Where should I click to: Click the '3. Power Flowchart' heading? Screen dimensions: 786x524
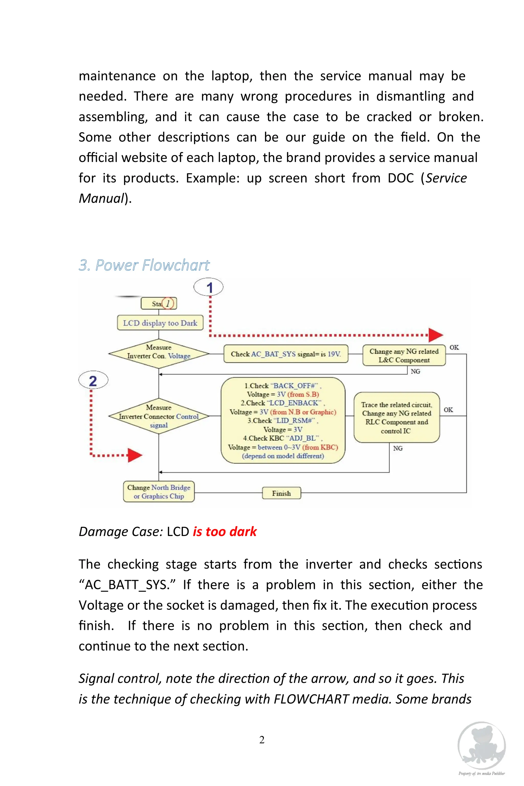pyautogui.click(x=144, y=265)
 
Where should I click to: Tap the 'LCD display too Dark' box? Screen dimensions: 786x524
pyautogui.click(x=160, y=323)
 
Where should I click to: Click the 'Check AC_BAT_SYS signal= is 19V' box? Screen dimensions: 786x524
pyautogui.click(x=286, y=354)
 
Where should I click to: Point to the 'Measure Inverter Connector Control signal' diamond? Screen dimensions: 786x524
pyautogui.click(x=159, y=416)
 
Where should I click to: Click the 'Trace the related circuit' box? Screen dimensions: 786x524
pyautogui.click(x=397, y=417)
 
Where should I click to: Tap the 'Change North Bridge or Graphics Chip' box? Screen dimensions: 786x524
pyautogui.click(x=159, y=492)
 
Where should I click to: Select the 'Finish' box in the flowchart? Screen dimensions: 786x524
pyautogui.click(x=281, y=493)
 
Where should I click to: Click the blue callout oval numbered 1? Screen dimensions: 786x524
pyautogui.click(x=209, y=287)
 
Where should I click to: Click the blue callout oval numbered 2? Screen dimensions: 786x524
pyautogui.click(x=93, y=381)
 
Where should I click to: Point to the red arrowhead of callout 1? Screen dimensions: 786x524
pyautogui.click(x=435, y=335)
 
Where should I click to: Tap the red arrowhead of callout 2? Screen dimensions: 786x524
pyautogui.click(x=135, y=455)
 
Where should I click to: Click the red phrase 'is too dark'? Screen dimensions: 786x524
pyautogui.click(x=225, y=532)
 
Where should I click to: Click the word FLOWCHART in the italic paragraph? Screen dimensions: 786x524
pyautogui.click(x=311, y=699)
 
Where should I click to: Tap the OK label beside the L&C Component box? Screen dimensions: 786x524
pyautogui.click(x=454, y=347)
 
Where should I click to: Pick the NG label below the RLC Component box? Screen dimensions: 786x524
pyautogui.click(x=398, y=449)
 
